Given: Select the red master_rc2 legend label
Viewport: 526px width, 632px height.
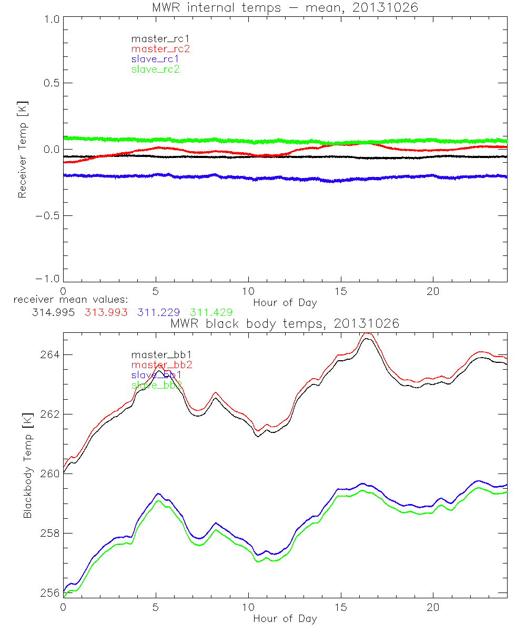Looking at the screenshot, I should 160,48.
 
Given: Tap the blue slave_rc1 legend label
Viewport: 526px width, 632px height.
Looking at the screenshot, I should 155,59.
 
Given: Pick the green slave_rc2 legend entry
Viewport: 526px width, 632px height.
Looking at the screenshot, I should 155,69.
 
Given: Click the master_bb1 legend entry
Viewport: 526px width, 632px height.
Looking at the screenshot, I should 156,354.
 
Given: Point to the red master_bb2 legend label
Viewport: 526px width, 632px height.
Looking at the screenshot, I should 161,364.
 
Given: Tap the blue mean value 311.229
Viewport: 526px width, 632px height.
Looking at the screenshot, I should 161,312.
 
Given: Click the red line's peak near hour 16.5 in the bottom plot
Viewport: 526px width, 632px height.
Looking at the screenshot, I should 368,333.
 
